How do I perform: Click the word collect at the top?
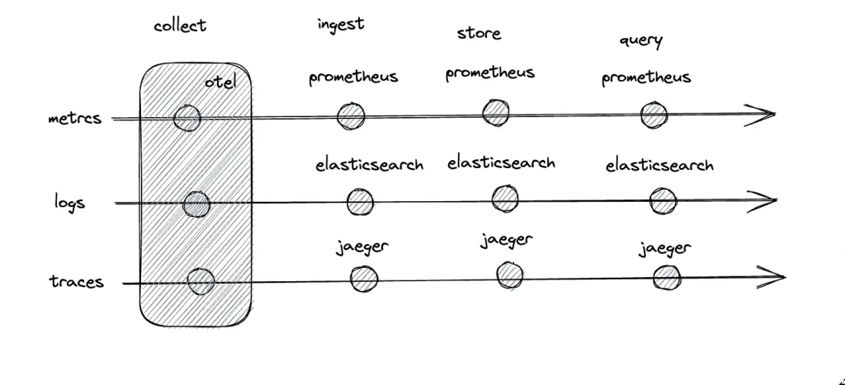pos(180,26)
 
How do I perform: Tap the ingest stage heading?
pos(341,25)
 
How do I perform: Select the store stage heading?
pos(479,33)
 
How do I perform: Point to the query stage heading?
pos(640,41)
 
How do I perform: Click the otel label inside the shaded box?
pos(220,83)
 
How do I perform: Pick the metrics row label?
pos(74,119)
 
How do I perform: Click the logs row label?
pos(69,203)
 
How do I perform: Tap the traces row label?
pos(77,281)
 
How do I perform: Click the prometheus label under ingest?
pos(353,77)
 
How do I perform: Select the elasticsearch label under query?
pos(659,165)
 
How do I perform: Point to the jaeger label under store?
pos(507,240)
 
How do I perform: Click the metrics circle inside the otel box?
pos(187,118)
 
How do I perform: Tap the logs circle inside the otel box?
pos(196,204)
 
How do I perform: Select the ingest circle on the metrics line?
pos(351,115)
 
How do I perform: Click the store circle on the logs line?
pos(505,199)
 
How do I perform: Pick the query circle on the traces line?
pos(667,279)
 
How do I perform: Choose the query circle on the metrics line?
pos(654,115)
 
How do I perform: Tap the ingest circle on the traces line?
pos(364,279)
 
